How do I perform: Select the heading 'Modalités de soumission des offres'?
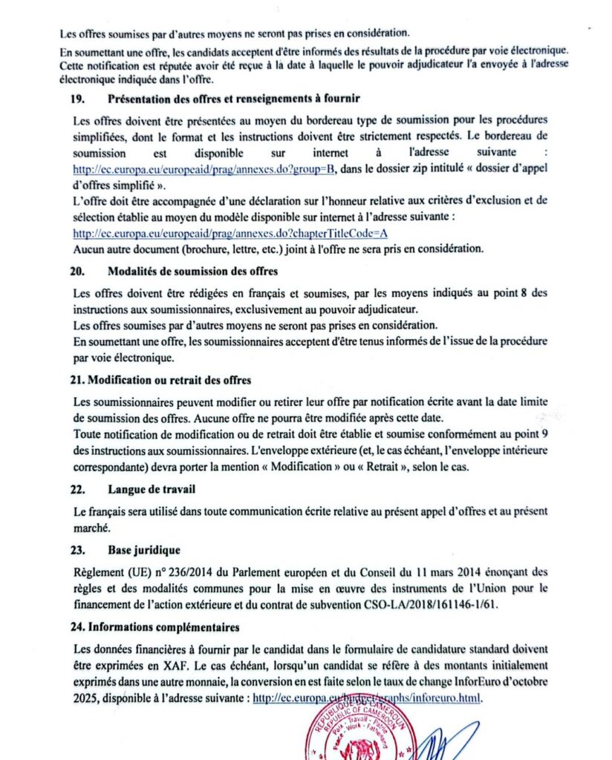click(190, 272)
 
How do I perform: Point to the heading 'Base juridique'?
click(144, 550)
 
